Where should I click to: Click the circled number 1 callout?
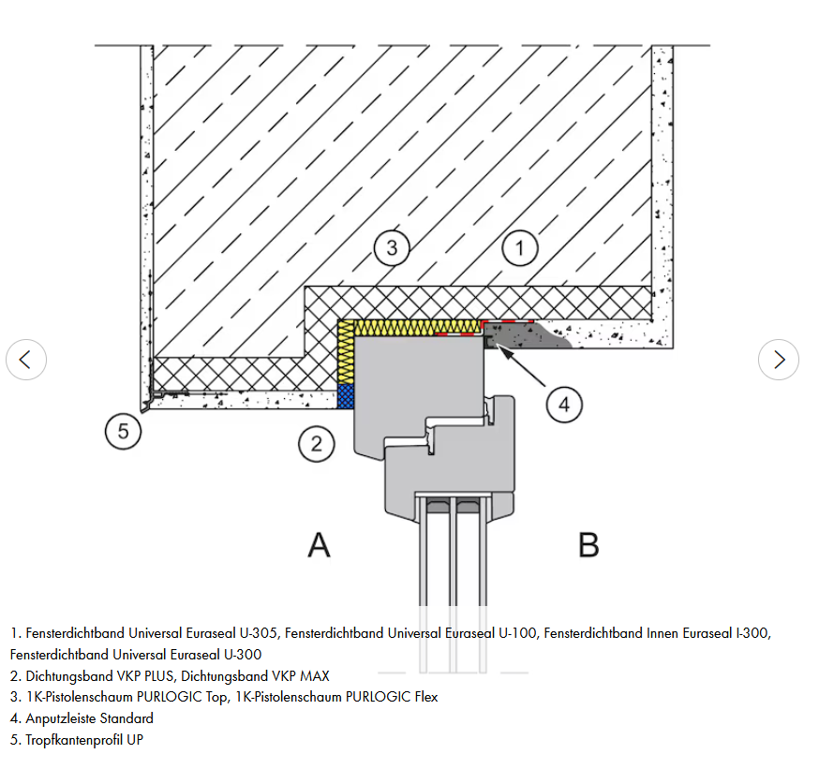click(520, 248)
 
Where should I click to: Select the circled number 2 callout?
click(317, 443)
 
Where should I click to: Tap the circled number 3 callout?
click(392, 248)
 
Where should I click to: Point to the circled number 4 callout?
click(564, 405)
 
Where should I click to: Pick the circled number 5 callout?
click(123, 432)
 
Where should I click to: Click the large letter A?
click(320, 544)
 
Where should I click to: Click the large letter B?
click(588, 544)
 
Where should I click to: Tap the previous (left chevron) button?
click(26, 359)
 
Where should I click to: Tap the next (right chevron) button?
click(779, 359)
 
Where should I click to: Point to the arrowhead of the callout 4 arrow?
click(493, 348)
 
